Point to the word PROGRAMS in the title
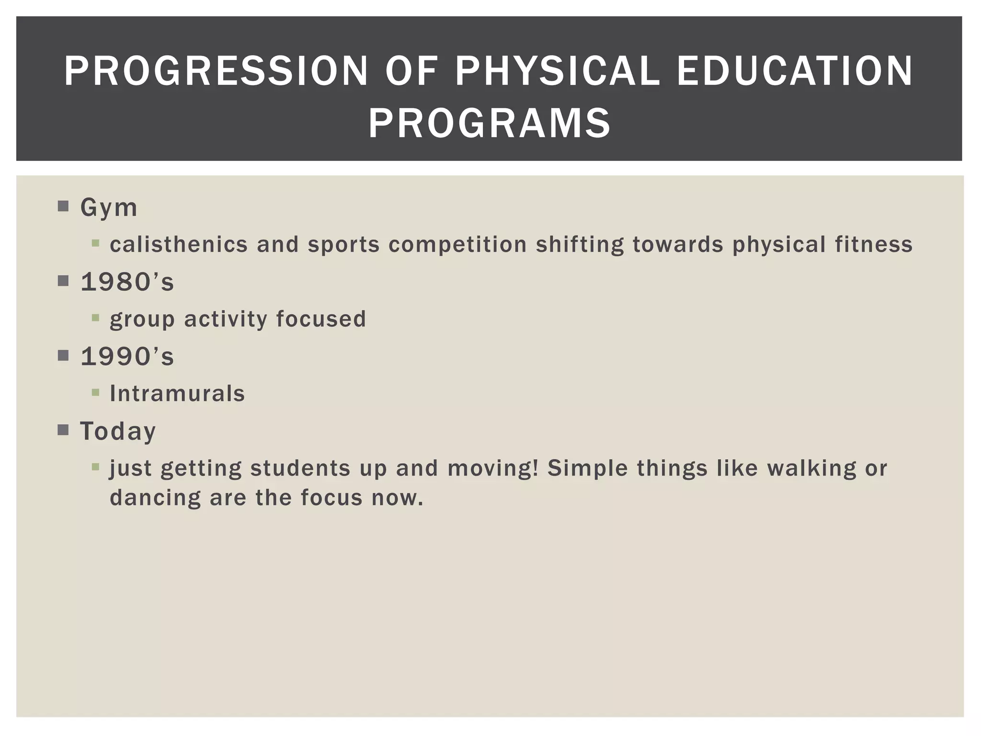click(x=489, y=123)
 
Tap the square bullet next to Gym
click(x=63, y=207)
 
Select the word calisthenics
click(x=178, y=244)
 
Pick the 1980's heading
click(x=127, y=282)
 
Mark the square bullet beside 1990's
click(x=63, y=356)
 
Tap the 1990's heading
click(x=127, y=356)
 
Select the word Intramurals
click(x=177, y=394)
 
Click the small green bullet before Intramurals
click(x=95, y=393)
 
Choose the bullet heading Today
click(x=118, y=431)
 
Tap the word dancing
click(x=155, y=498)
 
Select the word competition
click(x=457, y=244)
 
